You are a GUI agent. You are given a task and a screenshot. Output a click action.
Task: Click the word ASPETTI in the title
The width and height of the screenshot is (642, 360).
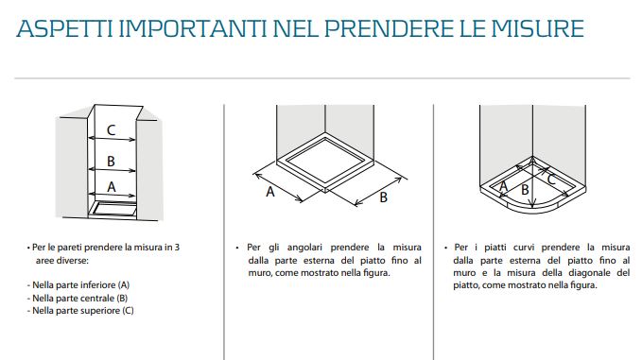click(x=64, y=28)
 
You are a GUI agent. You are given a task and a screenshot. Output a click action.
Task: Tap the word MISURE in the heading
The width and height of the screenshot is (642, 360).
click(x=537, y=28)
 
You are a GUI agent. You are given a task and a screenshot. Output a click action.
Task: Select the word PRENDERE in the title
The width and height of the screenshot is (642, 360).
click(x=389, y=28)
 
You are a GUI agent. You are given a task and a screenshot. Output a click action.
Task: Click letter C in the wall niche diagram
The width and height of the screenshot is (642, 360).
click(x=111, y=130)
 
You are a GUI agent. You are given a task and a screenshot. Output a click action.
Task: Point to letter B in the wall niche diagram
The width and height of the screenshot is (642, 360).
click(x=111, y=162)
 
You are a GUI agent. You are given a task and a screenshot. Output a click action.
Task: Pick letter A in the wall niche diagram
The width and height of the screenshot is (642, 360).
click(x=112, y=187)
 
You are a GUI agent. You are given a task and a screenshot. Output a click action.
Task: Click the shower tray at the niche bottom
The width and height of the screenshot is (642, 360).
click(x=113, y=208)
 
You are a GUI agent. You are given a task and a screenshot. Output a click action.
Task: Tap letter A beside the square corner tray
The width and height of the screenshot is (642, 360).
click(x=270, y=192)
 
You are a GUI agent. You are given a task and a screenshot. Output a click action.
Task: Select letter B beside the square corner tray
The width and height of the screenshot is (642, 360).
click(x=384, y=197)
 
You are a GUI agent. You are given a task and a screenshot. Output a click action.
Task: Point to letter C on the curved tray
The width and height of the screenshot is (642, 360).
click(x=551, y=179)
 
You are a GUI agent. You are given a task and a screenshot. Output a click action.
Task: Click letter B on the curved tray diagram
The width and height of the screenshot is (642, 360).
click(x=525, y=190)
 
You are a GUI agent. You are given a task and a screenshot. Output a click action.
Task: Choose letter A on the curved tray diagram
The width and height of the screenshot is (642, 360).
click(x=504, y=186)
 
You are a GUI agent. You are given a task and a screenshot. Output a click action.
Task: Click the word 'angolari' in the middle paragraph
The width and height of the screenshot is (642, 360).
click(x=304, y=248)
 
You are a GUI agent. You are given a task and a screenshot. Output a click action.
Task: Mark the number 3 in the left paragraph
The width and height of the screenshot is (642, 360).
click(x=177, y=248)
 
